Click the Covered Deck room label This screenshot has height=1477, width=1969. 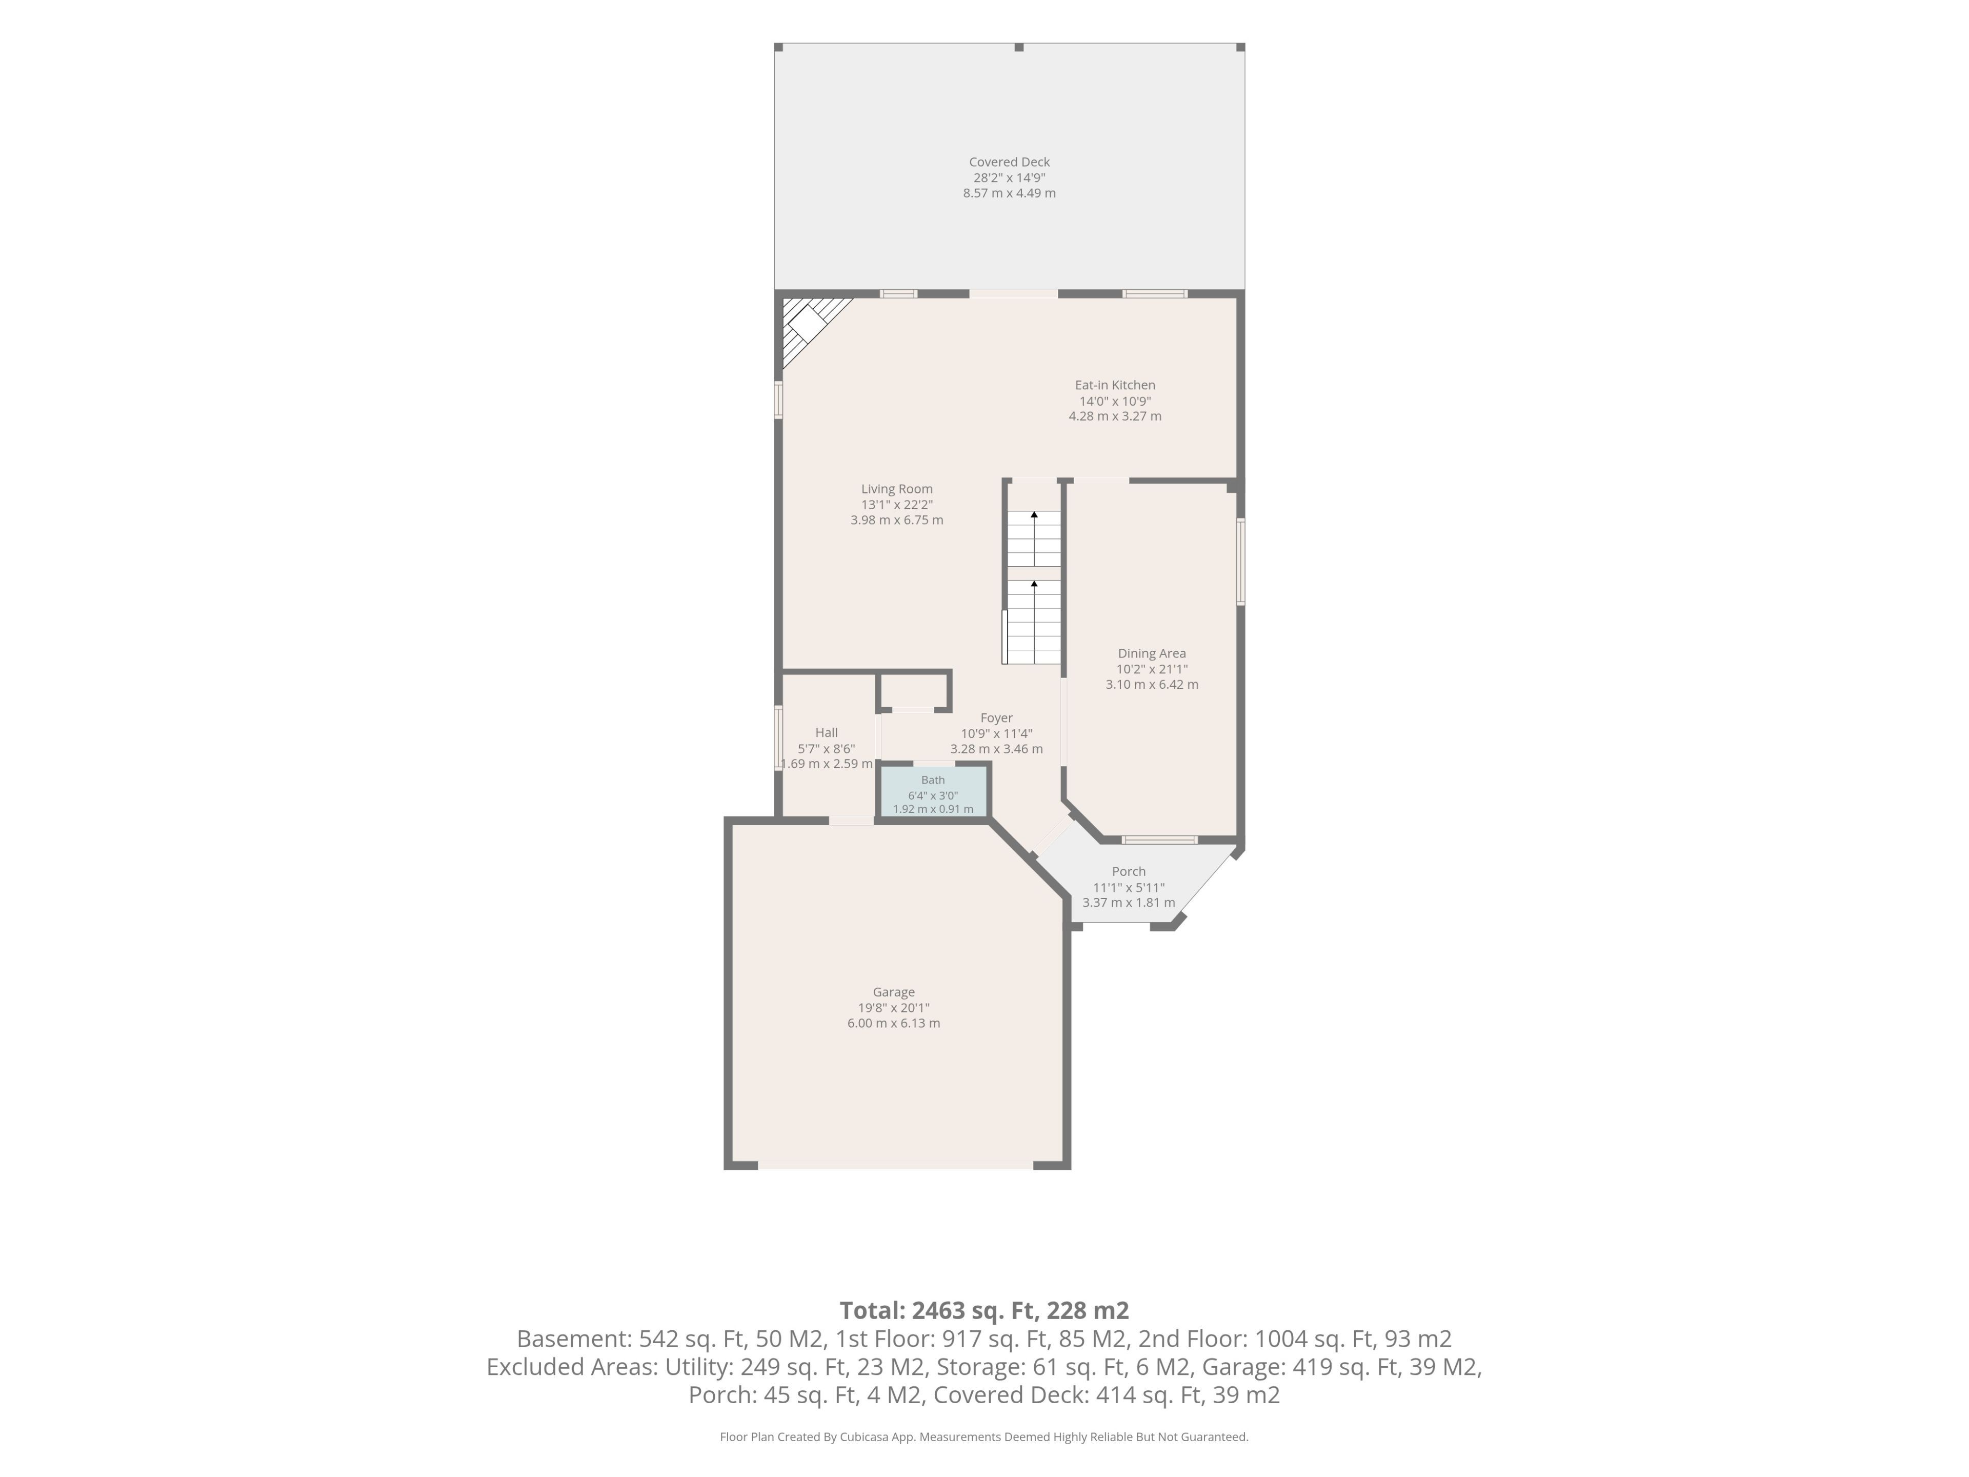[1010, 162]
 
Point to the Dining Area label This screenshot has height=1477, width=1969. [1152, 653]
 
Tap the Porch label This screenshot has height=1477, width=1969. [1129, 872]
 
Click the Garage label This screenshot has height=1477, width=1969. [894, 992]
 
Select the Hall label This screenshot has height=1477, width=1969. [826, 733]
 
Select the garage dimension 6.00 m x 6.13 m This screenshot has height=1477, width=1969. [894, 1023]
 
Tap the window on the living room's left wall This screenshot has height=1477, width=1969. [778, 400]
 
